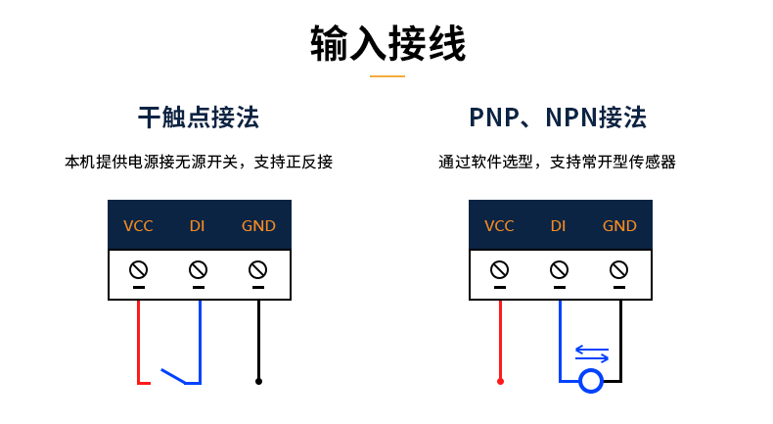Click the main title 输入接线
pyautogui.click(x=387, y=44)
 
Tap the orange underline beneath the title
pyautogui.click(x=387, y=75)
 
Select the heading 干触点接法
pyautogui.click(x=199, y=118)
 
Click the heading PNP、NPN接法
pyautogui.click(x=558, y=118)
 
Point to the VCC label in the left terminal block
pyautogui.click(x=138, y=226)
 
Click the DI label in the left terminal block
pyautogui.click(x=198, y=226)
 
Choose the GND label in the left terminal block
pyautogui.click(x=258, y=226)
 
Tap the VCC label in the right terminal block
pyautogui.click(x=499, y=226)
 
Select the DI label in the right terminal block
pyautogui.click(x=558, y=226)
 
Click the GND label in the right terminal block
pyautogui.click(x=619, y=226)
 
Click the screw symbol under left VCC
pyautogui.click(x=138, y=268)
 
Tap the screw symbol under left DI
pyautogui.click(x=198, y=268)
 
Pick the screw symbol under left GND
pyautogui.click(x=258, y=268)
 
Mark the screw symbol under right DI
pyautogui.click(x=559, y=268)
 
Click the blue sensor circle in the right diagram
pyautogui.click(x=590, y=381)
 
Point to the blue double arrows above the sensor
pyautogui.click(x=592, y=353)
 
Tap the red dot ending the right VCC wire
pyautogui.click(x=500, y=381)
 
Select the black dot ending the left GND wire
pyautogui.click(x=258, y=381)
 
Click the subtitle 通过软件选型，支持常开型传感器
pyautogui.click(x=558, y=162)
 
